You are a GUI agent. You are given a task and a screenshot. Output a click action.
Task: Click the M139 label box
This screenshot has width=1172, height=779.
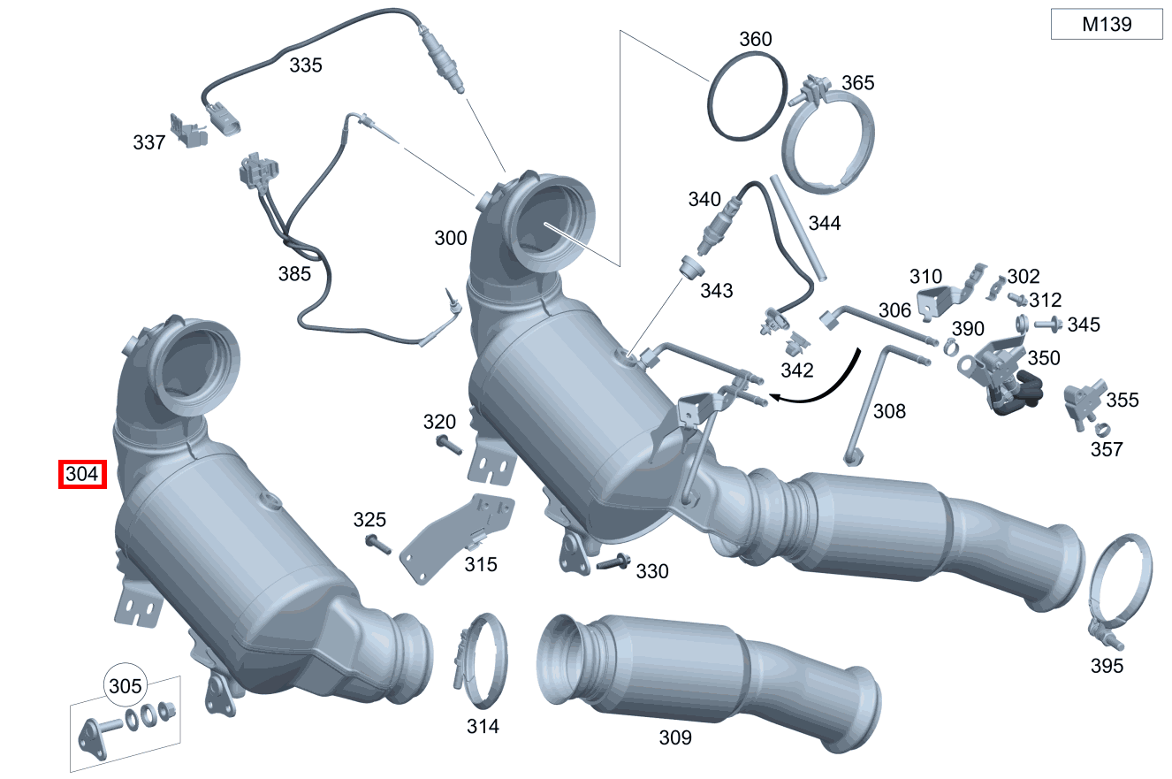(x=1107, y=24)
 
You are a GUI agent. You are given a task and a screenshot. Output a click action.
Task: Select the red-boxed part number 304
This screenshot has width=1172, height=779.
(x=82, y=474)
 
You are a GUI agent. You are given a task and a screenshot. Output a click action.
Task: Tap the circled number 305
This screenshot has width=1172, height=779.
(x=126, y=686)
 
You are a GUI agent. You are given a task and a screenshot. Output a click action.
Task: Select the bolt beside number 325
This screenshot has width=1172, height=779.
(x=378, y=545)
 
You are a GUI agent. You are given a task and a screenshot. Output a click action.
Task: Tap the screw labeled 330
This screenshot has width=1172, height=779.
(x=613, y=562)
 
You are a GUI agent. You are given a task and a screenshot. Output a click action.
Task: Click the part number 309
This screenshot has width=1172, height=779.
(x=675, y=737)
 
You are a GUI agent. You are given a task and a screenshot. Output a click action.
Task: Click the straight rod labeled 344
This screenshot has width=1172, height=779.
(x=798, y=228)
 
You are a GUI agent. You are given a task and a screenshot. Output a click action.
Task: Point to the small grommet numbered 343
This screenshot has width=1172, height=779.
(x=692, y=267)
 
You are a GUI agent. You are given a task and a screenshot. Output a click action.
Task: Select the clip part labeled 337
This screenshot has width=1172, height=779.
(x=188, y=131)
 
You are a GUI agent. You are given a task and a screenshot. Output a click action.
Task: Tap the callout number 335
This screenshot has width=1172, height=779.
(x=306, y=65)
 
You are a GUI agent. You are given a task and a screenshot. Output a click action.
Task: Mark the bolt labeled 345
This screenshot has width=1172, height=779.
(x=1048, y=325)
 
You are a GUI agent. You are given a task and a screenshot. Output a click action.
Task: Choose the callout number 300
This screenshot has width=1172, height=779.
(x=451, y=238)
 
